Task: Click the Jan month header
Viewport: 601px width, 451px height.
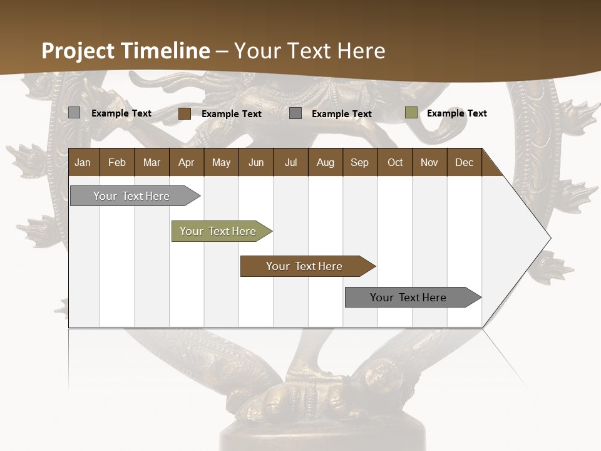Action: click(x=83, y=162)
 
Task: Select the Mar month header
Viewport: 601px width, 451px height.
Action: click(x=152, y=162)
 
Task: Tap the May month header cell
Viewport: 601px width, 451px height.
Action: click(x=221, y=162)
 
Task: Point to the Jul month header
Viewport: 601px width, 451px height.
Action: click(x=290, y=162)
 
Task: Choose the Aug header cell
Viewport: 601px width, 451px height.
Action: click(x=325, y=162)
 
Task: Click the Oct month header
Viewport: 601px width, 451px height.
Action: click(x=395, y=162)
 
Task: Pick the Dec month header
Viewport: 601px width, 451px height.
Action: click(x=464, y=162)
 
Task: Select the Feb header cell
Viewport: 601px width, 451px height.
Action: click(x=117, y=162)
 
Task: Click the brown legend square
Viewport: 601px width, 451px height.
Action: click(x=185, y=113)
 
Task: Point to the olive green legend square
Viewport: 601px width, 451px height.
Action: click(x=411, y=113)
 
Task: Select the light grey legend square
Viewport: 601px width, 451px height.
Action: click(x=74, y=113)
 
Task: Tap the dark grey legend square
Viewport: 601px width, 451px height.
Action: click(x=295, y=113)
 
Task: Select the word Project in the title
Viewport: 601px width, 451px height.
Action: click(x=78, y=51)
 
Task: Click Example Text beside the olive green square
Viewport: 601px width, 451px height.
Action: click(x=456, y=113)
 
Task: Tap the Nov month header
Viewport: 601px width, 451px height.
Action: click(x=429, y=162)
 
